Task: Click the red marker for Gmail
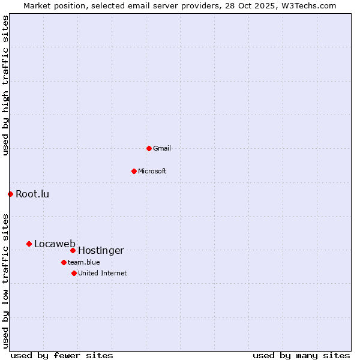point(149,148)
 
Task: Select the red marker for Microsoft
point(134,171)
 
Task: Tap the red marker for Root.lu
point(10,194)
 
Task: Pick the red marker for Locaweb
point(29,244)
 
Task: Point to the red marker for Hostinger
point(73,250)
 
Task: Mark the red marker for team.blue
point(64,262)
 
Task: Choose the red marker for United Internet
point(74,273)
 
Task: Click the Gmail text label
point(162,148)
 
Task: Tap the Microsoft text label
point(152,171)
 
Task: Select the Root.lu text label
point(32,194)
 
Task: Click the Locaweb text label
point(55,244)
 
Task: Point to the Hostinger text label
point(101,250)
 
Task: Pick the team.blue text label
point(84,262)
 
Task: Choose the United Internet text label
point(103,273)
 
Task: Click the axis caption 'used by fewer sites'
point(62,355)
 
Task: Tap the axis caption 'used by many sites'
point(301,355)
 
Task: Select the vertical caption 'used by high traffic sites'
point(5,85)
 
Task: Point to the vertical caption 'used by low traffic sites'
point(5,280)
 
